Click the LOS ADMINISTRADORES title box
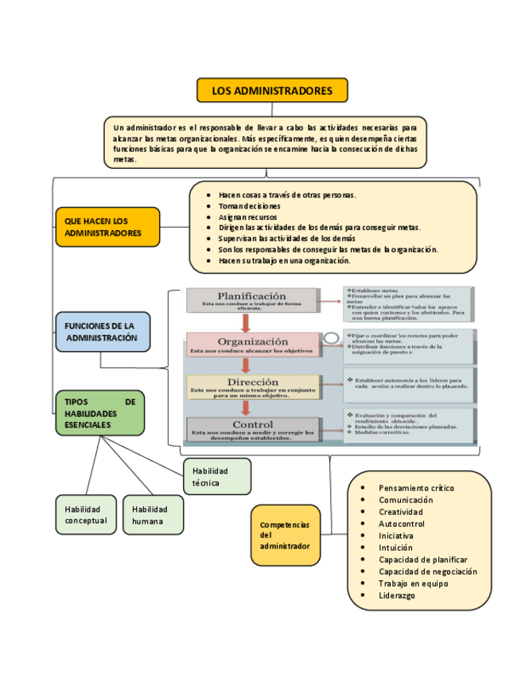(272, 91)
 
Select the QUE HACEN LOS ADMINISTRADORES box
(107, 227)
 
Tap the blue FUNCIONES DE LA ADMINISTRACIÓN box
(103, 332)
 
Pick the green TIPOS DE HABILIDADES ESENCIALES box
(100, 414)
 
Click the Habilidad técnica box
(216, 477)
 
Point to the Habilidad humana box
(153, 515)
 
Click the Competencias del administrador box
(286, 536)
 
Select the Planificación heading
(251, 296)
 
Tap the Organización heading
(251, 340)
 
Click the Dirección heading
(251, 382)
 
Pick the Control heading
(253, 424)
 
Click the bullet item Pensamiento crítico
(416, 488)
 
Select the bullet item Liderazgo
(396, 595)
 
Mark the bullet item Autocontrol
(402, 524)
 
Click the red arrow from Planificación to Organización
(247, 322)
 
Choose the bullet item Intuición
(395, 548)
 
